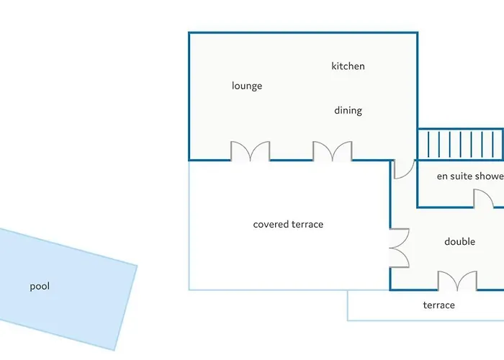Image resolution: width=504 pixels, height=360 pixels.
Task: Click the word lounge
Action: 247,86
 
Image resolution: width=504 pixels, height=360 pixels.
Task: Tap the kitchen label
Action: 348,66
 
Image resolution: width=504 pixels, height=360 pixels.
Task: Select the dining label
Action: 348,111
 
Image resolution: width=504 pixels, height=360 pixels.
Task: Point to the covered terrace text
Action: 288,225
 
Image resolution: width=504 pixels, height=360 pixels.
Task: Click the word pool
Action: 40,287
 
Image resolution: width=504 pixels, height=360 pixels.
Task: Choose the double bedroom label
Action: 459,242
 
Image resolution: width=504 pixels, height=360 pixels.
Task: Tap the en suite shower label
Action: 470,176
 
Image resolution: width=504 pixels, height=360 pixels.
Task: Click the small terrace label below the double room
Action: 438,305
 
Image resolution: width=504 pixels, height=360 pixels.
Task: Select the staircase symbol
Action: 460,144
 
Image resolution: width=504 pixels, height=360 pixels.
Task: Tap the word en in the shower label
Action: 442,177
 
